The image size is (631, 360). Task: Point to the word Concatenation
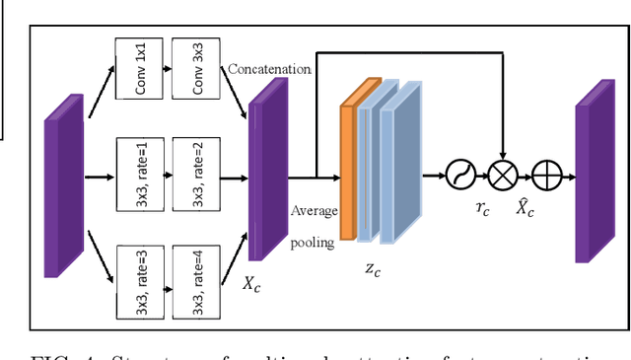click(x=269, y=70)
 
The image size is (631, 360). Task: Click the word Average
click(x=315, y=211)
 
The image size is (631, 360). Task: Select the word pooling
click(x=313, y=242)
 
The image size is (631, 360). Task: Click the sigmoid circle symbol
click(x=461, y=178)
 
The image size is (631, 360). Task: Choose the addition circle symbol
click(x=546, y=178)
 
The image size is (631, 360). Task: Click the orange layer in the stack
click(x=346, y=168)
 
